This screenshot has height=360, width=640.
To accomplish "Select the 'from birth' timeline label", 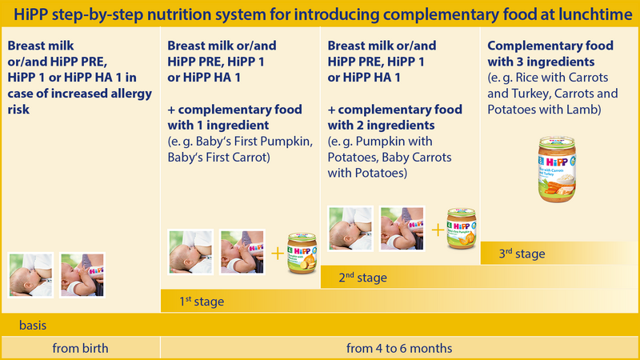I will [80, 348].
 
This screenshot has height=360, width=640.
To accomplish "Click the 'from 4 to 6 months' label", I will [399, 348].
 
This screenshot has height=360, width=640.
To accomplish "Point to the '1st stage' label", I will [201, 302].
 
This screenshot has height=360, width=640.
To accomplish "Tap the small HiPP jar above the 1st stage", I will [302, 251].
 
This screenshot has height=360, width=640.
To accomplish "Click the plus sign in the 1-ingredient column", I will [277, 254].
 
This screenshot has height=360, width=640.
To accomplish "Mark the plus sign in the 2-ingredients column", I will [437, 230].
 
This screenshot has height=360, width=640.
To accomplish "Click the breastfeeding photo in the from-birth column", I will [30, 274].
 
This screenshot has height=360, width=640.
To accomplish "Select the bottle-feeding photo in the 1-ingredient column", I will [242, 252].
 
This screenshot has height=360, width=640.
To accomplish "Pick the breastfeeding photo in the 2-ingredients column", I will [350, 228].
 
